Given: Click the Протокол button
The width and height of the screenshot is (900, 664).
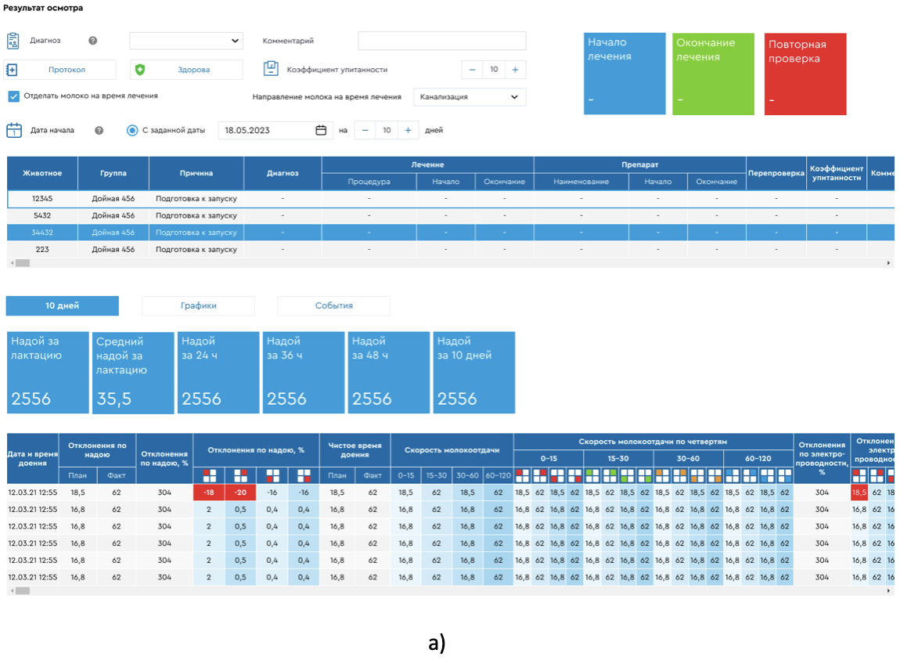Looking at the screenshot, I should [60, 70].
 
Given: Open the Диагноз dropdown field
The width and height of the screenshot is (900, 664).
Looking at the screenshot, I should [186, 41].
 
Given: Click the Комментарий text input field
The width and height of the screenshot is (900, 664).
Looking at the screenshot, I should [441, 41].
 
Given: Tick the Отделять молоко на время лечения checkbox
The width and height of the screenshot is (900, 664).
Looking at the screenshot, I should [13, 96].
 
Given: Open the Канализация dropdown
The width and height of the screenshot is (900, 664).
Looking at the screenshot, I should [469, 97].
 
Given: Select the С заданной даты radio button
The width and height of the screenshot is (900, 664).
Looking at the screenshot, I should [132, 130].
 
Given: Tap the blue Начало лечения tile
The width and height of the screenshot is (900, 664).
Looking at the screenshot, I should [625, 74].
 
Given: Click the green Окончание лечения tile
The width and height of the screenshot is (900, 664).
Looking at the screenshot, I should [713, 74].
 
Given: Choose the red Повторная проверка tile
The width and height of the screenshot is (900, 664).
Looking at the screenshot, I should [805, 74].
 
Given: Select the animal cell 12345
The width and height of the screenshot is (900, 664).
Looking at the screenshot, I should [42, 199].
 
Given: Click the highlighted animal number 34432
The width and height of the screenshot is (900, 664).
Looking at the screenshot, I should [42, 233].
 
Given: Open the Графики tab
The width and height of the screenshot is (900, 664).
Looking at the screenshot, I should [198, 306].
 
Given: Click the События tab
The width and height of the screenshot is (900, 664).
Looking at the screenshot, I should [333, 306].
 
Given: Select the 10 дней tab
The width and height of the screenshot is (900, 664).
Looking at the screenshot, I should [62, 306].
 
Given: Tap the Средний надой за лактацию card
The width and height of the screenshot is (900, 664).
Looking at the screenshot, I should [133, 373].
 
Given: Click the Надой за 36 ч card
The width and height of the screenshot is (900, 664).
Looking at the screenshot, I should [304, 373].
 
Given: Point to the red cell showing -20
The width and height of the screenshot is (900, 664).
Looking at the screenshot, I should [240, 493].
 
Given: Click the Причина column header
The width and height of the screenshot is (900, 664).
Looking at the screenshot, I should [196, 173].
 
